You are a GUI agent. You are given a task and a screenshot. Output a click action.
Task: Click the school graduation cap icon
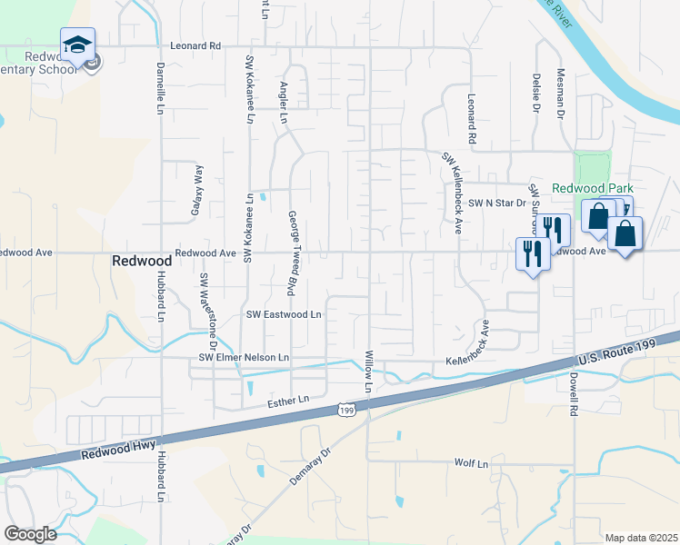click(x=78, y=44)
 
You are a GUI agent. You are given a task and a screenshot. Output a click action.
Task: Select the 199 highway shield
click(x=345, y=411)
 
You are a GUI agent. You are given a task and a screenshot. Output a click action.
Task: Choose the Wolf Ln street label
click(x=471, y=463)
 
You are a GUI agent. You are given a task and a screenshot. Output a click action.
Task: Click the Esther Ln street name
click(x=289, y=400)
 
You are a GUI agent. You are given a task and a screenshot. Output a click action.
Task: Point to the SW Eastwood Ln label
click(x=285, y=314)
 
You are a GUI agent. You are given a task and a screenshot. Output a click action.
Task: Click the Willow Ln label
click(x=369, y=372)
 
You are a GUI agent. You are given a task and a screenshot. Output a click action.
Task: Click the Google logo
click(x=30, y=533)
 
